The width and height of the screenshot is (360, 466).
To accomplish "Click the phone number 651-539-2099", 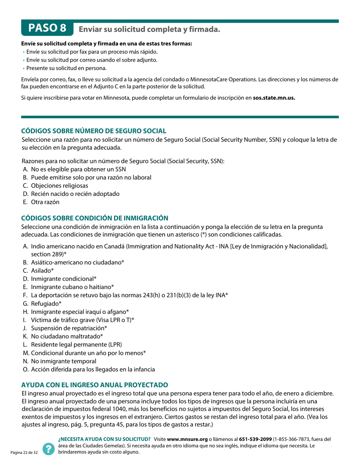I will pos(255,439).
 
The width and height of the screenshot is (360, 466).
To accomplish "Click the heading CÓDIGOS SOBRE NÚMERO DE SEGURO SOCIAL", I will pos(93,131).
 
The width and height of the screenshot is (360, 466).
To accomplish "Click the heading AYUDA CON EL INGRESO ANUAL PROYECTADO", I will pos(92,384).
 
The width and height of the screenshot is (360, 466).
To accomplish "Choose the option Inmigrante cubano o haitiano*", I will pos(72,287).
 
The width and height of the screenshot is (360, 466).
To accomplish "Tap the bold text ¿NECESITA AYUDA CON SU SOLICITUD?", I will pos(104,439).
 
